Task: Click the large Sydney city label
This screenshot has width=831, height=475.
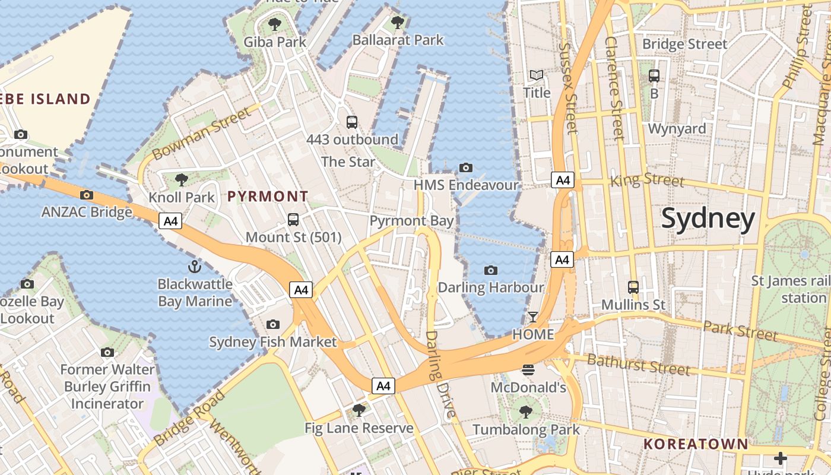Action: click(x=708, y=218)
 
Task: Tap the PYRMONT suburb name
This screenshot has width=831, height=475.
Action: click(x=268, y=196)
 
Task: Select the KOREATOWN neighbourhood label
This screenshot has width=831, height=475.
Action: click(x=696, y=444)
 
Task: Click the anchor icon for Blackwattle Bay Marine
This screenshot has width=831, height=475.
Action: click(x=195, y=266)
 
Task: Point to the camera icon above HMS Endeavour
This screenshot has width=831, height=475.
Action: click(x=466, y=167)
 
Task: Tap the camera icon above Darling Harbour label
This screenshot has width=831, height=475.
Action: click(x=490, y=271)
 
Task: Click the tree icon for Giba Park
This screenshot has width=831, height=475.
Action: click(x=274, y=24)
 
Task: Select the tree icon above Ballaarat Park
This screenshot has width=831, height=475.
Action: click(x=398, y=23)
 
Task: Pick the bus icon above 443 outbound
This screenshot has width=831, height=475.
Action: click(x=352, y=122)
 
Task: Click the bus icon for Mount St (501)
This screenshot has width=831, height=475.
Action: click(x=293, y=220)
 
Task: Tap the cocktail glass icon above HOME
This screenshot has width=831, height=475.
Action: click(x=532, y=317)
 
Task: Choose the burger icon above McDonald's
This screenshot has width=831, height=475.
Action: click(x=528, y=370)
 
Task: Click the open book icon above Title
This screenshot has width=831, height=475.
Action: click(x=537, y=75)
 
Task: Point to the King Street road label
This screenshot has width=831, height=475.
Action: click(x=647, y=179)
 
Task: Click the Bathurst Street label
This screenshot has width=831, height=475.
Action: click(x=638, y=364)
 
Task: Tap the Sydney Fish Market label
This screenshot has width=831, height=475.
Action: click(x=272, y=342)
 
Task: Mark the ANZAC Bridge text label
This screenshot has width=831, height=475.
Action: click(x=87, y=212)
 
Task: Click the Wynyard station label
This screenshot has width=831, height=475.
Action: click(x=677, y=129)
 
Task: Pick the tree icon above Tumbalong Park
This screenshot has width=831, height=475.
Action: click(x=525, y=411)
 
